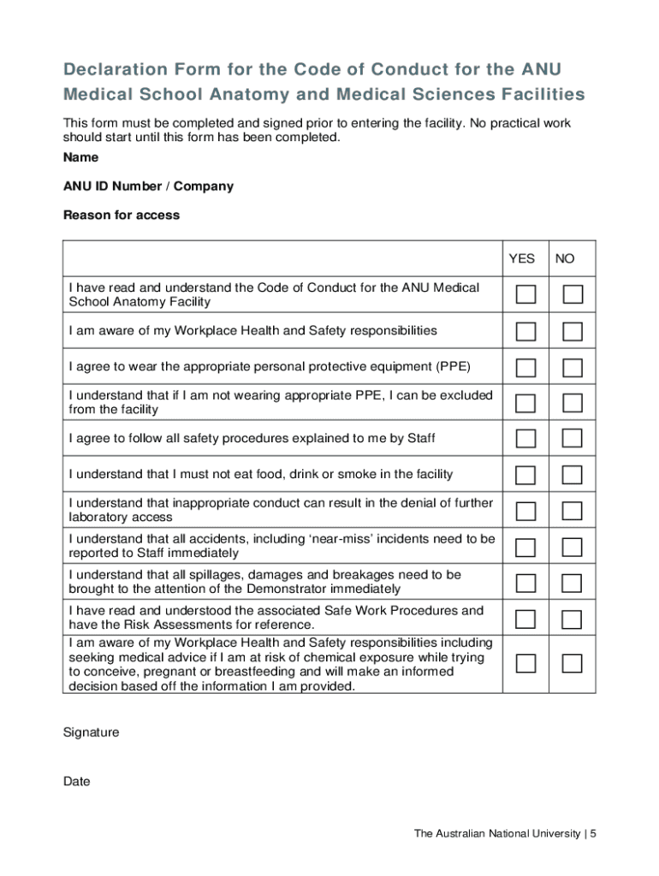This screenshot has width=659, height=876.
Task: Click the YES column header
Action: click(521, 258)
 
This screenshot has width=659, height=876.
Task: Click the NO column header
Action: click(565, 258)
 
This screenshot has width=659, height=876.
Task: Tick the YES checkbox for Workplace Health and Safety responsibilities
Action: click(526, 331)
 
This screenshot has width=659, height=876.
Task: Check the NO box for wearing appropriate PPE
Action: click(573, 367)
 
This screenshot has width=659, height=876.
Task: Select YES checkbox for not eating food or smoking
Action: click(526, 475)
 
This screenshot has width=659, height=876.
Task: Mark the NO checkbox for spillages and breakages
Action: click(573, 583)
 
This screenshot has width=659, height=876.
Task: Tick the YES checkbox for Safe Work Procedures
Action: click(526, 619)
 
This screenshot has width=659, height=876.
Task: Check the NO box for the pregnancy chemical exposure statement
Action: click(573, 664)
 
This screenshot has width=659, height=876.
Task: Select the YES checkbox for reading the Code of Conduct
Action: click(526, 295)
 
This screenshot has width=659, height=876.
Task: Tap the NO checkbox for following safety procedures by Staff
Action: click(573, 439)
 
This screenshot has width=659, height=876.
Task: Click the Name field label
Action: click(80, 157)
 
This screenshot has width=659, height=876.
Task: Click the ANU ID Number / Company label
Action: click(148, 186)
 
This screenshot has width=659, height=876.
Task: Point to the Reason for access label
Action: click(122, 216)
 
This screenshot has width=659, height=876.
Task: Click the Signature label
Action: click(92, 732)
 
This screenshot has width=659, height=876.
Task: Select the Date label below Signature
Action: click(76, 782)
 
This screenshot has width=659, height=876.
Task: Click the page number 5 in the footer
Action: click(592, 833)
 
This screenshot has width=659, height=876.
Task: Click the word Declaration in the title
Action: click(120, 69)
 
